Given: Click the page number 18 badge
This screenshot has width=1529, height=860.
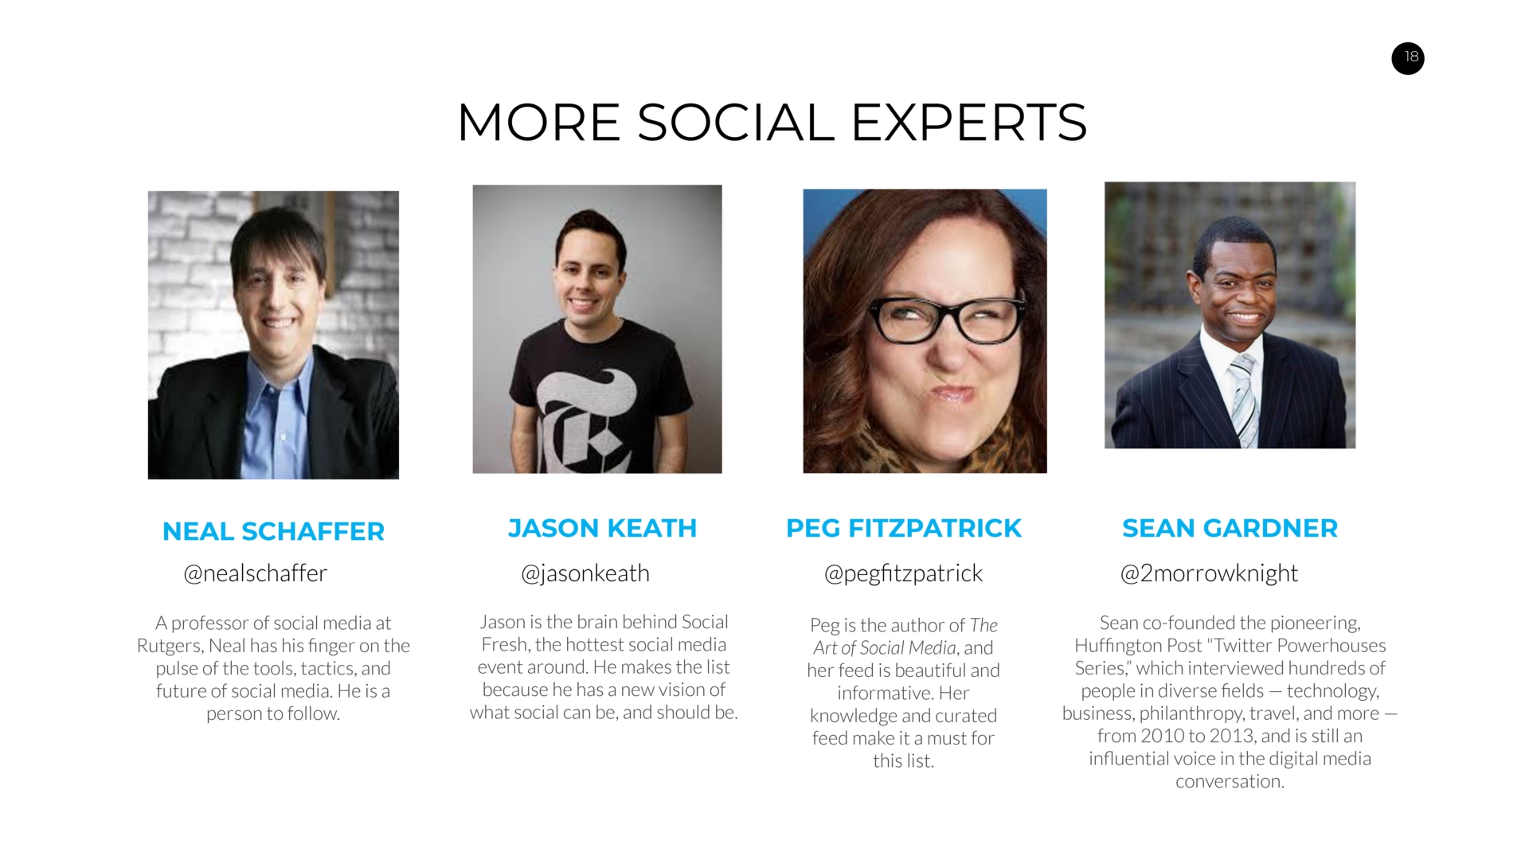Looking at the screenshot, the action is pyautogui.click(x=1407, y=57).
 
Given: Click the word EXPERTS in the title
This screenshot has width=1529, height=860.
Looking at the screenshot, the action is pyautogui.click(x=968, y=123).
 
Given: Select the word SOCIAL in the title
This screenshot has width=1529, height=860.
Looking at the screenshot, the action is pyautogui.click(x=736, y=123).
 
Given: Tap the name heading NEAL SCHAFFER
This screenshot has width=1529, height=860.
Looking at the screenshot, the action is pyautogui.click(x=273, y=531).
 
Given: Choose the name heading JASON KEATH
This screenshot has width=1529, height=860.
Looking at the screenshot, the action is pyautogui.click(x=602, y=528).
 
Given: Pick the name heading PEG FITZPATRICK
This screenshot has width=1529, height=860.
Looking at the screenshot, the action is pyautogui.click(x=903, y=528).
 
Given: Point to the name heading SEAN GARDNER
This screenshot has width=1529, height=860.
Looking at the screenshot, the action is pyautogui.click(x=1230, y=528).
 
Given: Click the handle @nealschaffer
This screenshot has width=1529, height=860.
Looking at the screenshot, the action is pyautogui.click(x=255, y=573).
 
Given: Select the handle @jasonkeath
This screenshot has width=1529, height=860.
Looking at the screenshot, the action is pyautogui.click(x=585, y=573).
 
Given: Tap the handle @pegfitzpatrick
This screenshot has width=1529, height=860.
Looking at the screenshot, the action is pyautogui.click(x=903, y=573).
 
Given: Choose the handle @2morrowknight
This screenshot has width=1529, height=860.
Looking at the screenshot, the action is pyautogui.click(x=1209, y=573).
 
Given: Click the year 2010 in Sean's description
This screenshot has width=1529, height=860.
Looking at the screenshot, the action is pyautogui.click(x=1163, y=736).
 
